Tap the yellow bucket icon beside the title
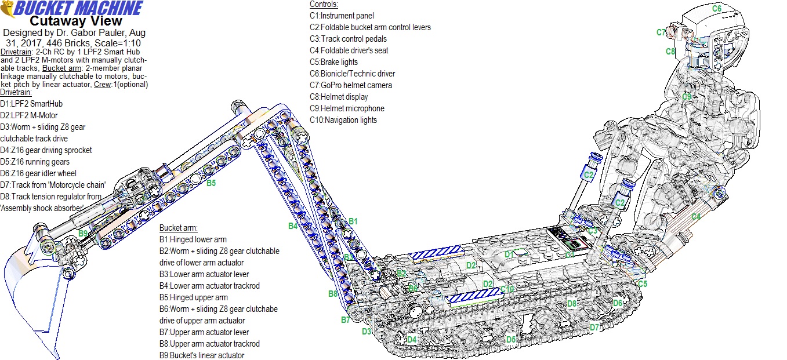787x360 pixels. (8, 9)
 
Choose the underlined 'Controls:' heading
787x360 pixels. (324, 5)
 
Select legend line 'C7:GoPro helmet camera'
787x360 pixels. (350, 85)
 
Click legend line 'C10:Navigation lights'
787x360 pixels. (343, 120)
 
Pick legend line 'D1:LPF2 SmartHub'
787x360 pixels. (31, 104)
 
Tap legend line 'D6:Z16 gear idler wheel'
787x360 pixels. (38, 173)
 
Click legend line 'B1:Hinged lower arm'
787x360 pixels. (193, 239)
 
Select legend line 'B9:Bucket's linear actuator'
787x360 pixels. (201, 355)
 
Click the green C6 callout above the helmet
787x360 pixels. (717, 9)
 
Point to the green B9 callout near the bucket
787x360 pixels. (84, 233)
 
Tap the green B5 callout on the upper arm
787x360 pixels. (212, 183)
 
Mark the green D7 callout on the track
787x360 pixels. (594, 328)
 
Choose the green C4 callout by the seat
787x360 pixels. (695, 217)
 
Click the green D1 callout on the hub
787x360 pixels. (509, 254)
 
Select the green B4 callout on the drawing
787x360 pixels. (293, 226)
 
